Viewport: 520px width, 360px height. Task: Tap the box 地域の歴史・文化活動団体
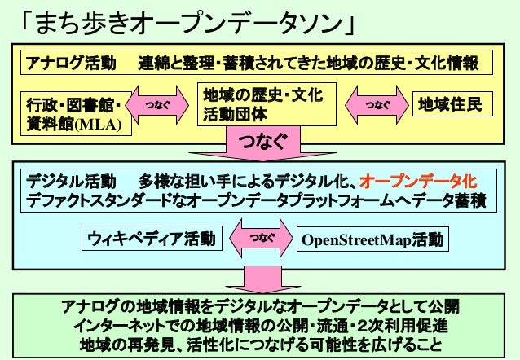pos(260,106)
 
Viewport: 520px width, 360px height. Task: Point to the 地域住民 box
pos(451,105)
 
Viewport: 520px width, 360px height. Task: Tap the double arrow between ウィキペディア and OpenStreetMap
pos(262,239)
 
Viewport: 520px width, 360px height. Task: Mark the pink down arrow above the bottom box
pos(261,277)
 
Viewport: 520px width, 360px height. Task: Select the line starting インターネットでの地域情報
pos(260,325)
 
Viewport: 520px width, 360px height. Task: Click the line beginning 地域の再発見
pos(260,344)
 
